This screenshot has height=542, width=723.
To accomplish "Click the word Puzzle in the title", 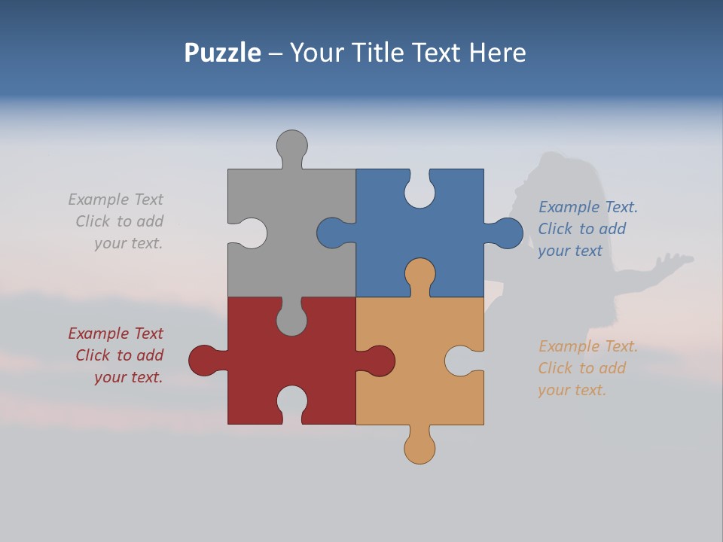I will [x=222, y=53].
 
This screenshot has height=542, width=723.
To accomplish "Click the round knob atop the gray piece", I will [x=291, y=145].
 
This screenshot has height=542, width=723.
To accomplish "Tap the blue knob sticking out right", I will [x=508, y=233].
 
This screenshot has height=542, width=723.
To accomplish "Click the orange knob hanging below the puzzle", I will [x=419, y=449].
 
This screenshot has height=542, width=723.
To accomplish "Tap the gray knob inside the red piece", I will [x=291, y=320].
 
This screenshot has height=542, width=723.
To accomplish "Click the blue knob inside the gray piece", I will [x=331, y=233].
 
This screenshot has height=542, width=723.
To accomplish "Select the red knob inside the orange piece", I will [x=380, y=361].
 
